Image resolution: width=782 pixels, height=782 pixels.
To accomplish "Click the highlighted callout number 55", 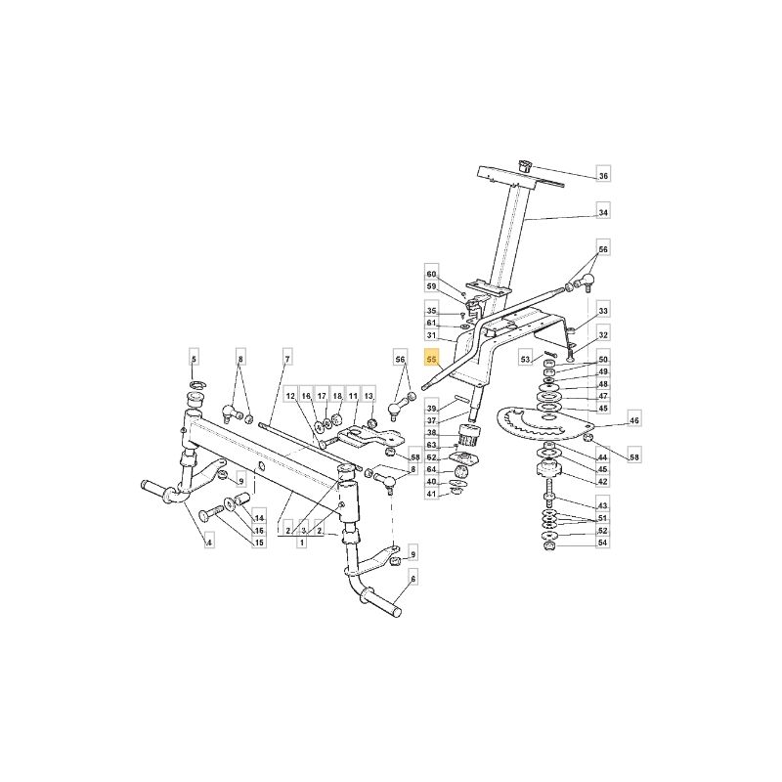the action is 431,359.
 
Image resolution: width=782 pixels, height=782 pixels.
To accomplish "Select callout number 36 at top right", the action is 603,176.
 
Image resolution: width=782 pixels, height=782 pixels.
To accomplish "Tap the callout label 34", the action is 603,213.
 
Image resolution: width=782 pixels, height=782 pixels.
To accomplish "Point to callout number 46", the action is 633,420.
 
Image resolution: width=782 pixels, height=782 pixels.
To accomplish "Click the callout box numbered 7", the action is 286,359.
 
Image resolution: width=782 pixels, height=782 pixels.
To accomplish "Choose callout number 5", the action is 194,359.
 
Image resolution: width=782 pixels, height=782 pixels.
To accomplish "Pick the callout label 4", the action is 209,543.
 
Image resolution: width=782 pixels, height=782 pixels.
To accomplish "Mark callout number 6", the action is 413,579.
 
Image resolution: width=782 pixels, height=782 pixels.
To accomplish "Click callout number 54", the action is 603,543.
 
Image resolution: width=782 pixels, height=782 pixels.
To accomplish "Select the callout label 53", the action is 525,359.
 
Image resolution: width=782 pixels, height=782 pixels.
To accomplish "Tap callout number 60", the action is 431,275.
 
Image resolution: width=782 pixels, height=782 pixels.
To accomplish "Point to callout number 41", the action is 431,494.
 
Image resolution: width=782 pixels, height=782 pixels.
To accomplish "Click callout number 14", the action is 259,518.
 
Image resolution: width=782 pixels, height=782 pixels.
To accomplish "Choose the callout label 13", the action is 369,396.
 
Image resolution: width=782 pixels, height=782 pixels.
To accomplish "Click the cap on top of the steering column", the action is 525,165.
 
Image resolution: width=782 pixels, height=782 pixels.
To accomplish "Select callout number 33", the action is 603,311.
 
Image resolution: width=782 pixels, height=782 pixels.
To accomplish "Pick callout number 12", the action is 290,396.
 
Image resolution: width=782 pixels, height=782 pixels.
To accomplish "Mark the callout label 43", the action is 603,505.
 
